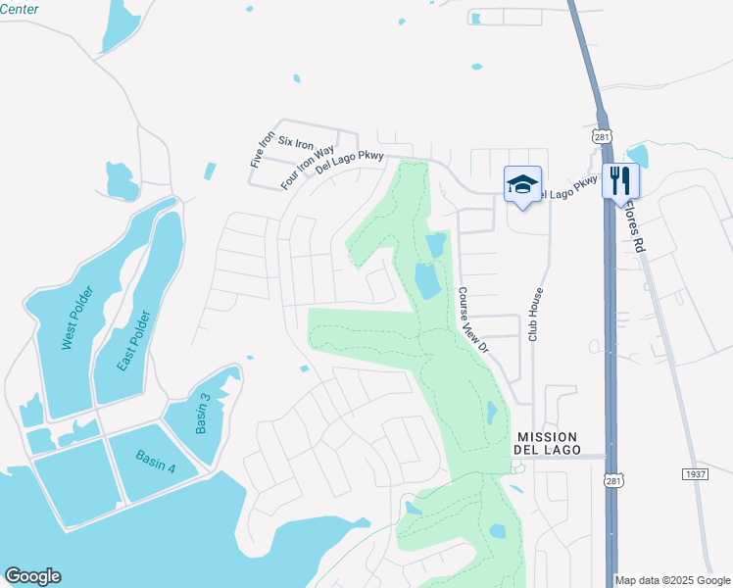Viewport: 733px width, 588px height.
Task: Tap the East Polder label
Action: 133,341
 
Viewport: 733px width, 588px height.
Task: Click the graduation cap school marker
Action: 522,183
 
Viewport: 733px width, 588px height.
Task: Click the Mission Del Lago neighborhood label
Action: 547,443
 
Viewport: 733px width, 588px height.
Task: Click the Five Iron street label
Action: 262,149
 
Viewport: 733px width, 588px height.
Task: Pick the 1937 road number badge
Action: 695,473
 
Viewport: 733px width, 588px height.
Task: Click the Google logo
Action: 32,576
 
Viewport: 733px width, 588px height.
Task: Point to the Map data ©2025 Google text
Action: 673,580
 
